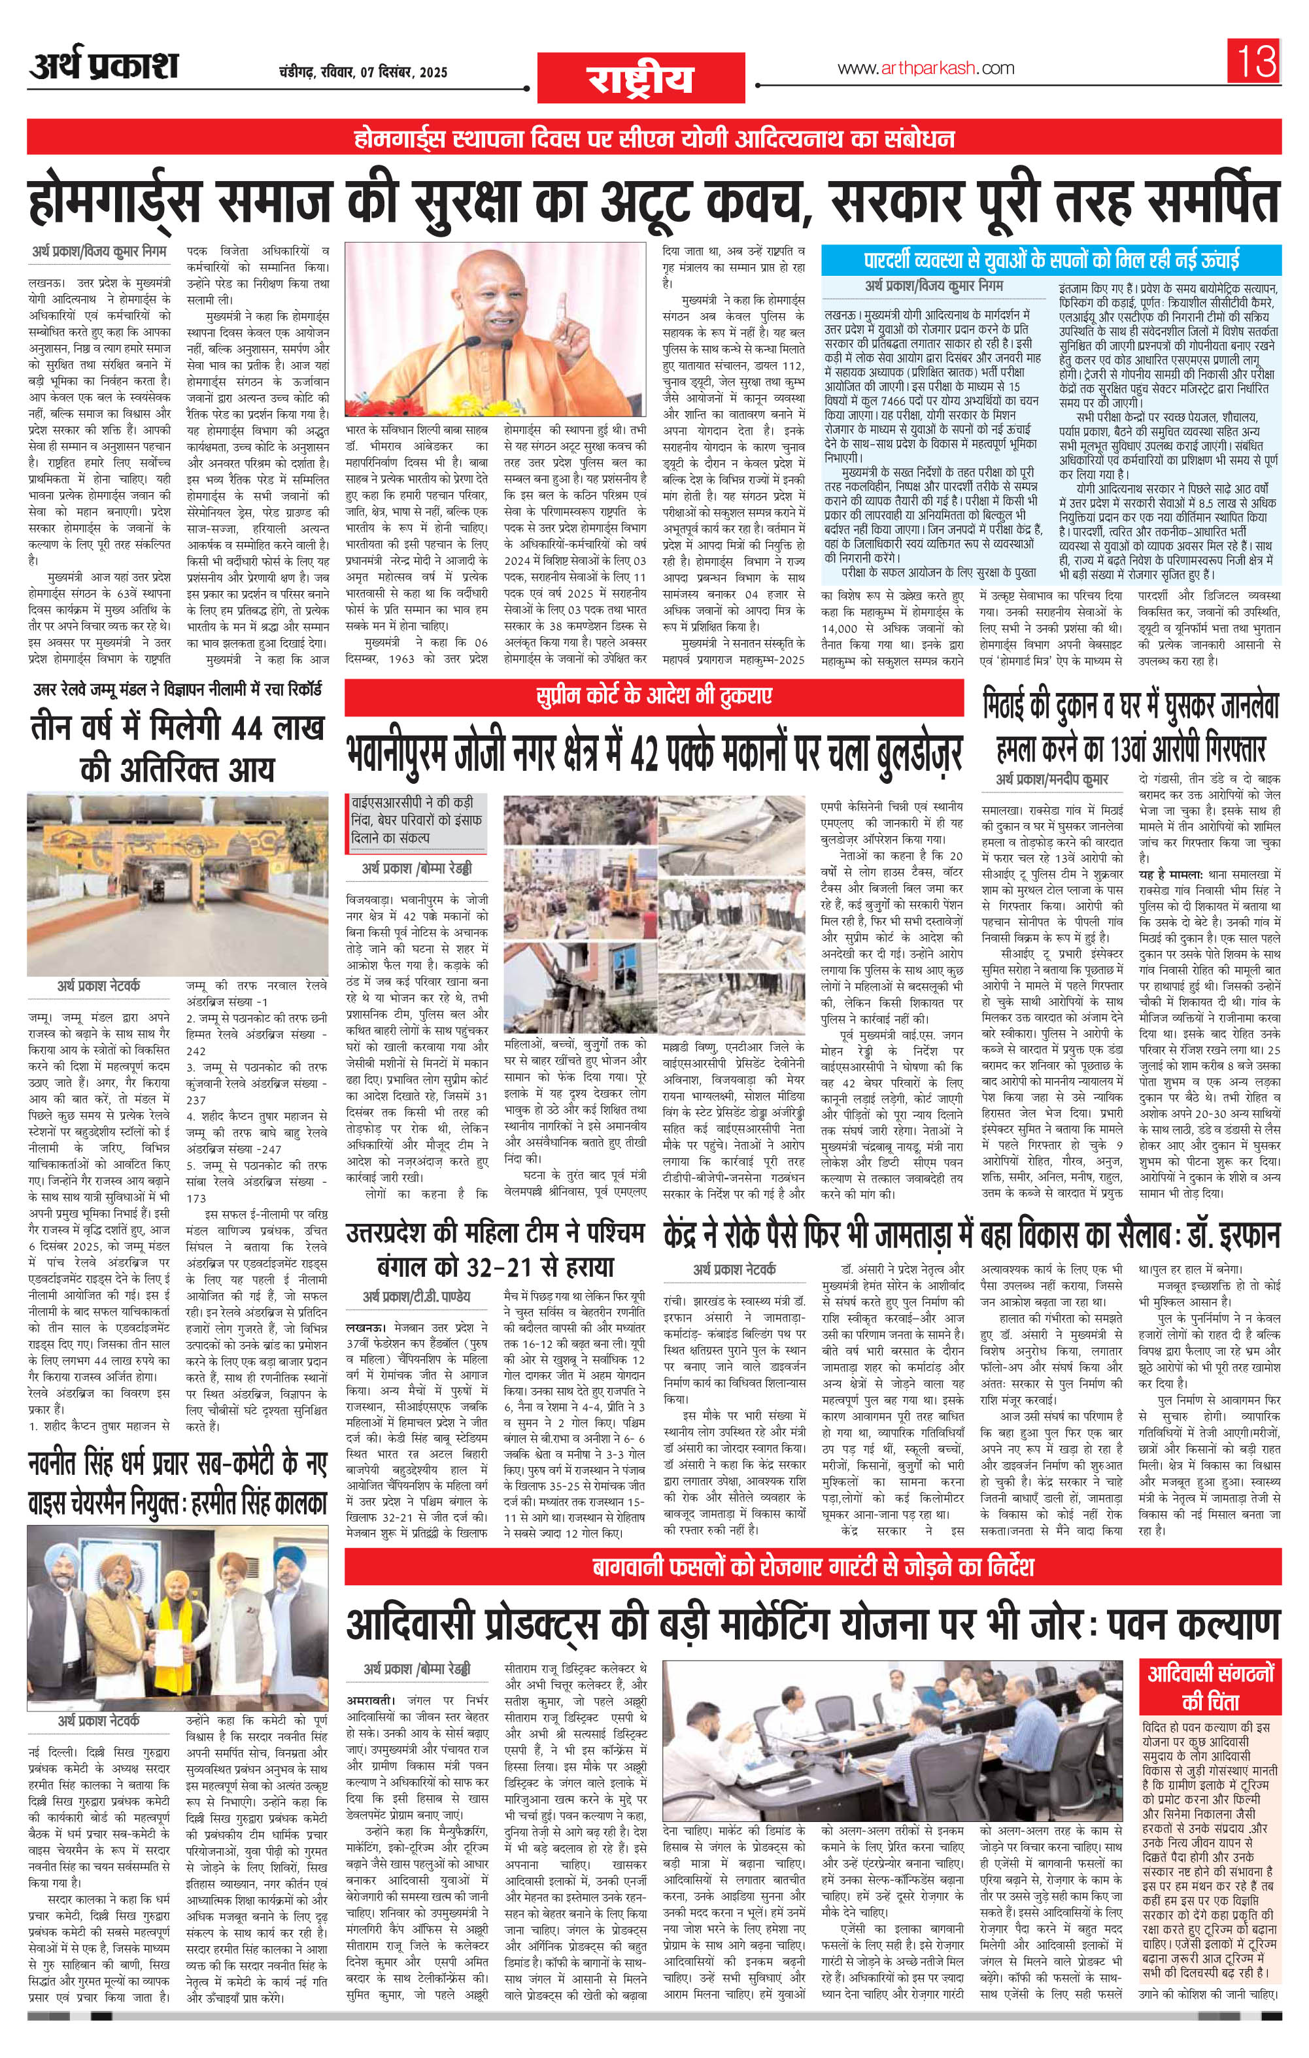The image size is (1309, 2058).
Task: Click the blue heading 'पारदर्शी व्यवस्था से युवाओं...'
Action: click(1051, 260)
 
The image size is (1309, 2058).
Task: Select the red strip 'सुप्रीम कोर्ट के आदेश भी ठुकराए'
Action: click(653, 695)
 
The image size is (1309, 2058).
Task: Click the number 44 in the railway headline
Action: click(244, 728)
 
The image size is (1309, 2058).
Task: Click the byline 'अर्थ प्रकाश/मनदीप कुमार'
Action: click(1051, 781)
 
